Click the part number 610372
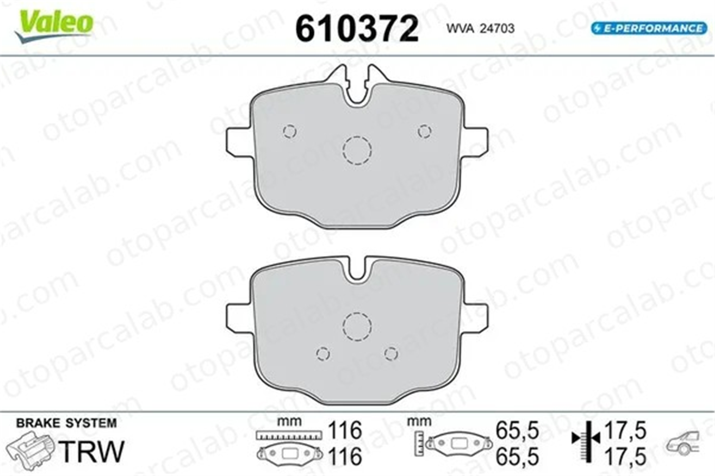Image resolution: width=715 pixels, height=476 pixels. (x=357, y=29)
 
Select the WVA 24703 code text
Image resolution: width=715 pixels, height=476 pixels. (x=480, y=28)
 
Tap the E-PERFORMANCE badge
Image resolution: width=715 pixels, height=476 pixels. (x=649, y=28)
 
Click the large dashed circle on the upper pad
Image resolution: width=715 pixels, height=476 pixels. (x=357, y=150)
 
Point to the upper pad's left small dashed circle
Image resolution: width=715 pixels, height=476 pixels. (x=290, y=131)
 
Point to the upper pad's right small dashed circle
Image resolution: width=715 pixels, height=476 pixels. (x=425, y=131)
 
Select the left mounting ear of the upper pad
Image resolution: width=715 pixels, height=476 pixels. (x=239, y=142)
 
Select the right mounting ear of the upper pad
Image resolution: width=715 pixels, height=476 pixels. (x=476, y=142)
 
